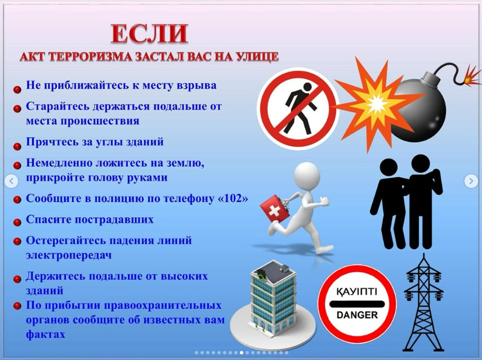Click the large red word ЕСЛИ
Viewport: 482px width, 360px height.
tap(149, 34)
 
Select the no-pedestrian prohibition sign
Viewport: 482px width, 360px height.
tap(298, 109)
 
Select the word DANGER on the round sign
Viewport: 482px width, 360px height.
tap(357, 315)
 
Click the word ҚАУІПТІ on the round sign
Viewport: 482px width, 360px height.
tap(357, 291)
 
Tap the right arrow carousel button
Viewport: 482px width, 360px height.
tap(471, 181)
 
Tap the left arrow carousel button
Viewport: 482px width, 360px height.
tap(11, 181)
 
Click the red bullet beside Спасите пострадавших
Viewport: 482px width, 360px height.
tap(17, 222)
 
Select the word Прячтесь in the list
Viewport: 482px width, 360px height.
tap(51, 142)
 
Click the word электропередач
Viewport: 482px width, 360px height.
tap(69, 255)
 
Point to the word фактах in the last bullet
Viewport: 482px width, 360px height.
tap(46, 334)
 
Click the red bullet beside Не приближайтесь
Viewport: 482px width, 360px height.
tap(17, 89)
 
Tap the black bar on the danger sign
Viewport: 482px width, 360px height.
tap(357, 304)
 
